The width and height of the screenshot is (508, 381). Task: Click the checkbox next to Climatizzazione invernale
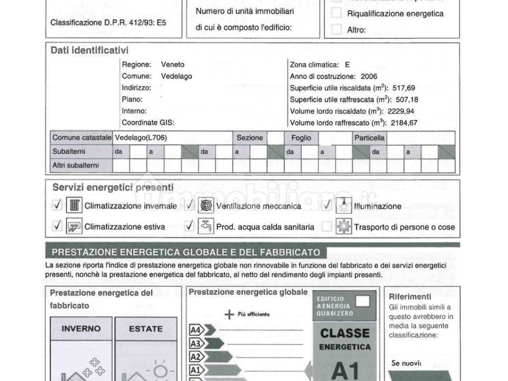[58, 205]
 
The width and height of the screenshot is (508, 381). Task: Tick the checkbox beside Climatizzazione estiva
[58, 226]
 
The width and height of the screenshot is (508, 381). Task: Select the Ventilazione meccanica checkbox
[189, 205]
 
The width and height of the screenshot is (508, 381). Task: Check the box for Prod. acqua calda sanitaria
[189, 226]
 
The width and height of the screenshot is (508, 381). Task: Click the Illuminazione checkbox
[326, 205]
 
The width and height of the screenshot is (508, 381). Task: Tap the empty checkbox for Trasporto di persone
[326, 227]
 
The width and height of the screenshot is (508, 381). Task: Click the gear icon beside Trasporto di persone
[343, 226]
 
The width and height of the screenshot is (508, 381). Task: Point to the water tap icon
[206, 226]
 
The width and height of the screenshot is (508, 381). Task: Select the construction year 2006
[369, 76]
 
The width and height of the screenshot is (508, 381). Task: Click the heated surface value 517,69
[403, 88]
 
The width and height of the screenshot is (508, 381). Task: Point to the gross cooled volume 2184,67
[404, 123]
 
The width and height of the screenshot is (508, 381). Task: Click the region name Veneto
[173, 64]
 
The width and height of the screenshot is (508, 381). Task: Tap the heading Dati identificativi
[89, 51]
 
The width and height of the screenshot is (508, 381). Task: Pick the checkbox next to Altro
[337, 29]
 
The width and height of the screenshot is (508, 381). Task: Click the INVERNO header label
[81, 328]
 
